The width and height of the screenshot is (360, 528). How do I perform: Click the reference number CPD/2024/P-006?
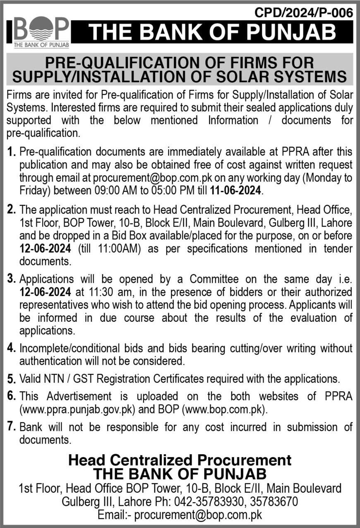[x=304, y=13]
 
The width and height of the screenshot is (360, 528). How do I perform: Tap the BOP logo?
[x=41, y=31]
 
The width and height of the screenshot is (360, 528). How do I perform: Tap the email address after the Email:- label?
[x=198, y=515]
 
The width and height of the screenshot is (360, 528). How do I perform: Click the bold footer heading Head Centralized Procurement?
[x=180, y=460]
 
